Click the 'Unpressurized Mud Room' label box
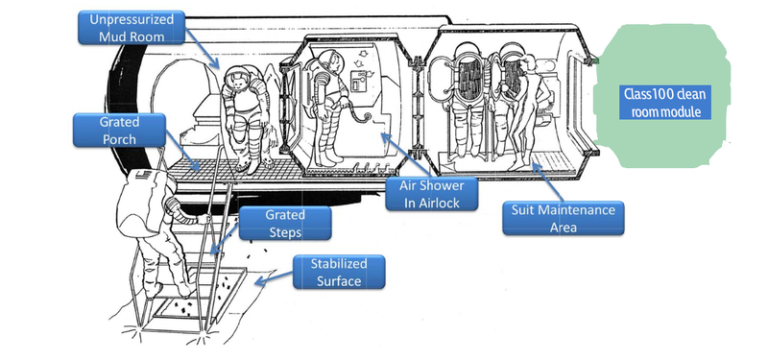[132, 28]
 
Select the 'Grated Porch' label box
[119, 131]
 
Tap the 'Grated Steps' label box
[285, 223]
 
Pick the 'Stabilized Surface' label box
[339, 272]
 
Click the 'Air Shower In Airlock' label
[431, 194]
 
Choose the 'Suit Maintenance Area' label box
[564, 218]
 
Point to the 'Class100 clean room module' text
[665, 103]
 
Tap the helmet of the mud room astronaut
[236, 80]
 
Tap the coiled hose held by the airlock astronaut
[363, 117]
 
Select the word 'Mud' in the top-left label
[112, 36]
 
